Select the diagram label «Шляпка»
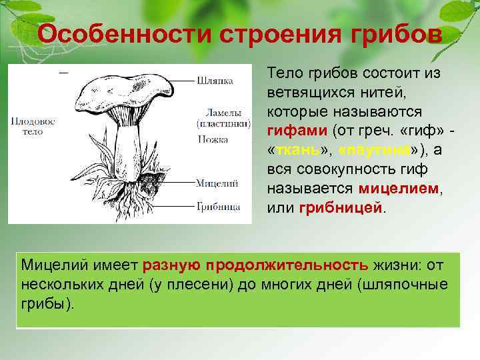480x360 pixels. click(215, 81)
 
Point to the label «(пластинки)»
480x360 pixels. click(223, 123)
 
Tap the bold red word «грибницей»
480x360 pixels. click(341, 208)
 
